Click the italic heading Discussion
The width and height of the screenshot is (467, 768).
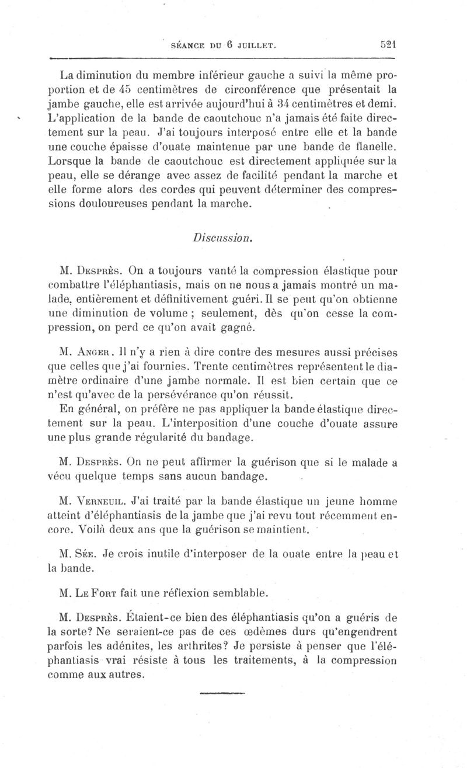click(222, 238)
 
